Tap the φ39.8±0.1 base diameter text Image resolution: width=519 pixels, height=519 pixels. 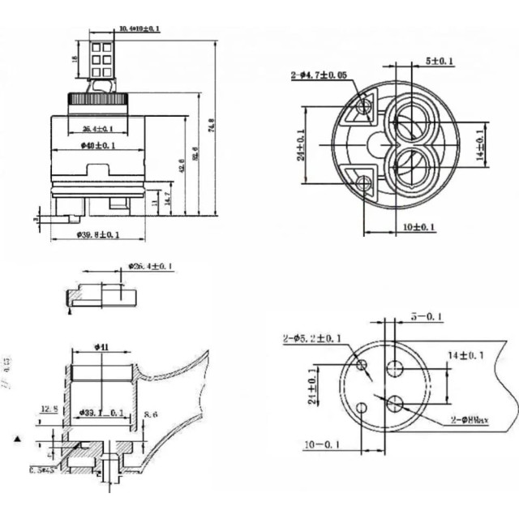[x=98, y=235]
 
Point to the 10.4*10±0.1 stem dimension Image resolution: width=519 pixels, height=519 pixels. [x=139, y=29]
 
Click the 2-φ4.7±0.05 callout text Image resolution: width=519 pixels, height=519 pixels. [x=321, y=75]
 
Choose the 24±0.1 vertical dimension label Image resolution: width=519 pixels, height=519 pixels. [x=301, y=146]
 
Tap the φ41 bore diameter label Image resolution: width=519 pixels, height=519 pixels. [x=102, y=347]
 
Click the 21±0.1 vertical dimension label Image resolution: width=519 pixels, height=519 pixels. [x=314, y=384]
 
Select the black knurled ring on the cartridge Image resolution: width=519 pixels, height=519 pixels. [x=97, y=99]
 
